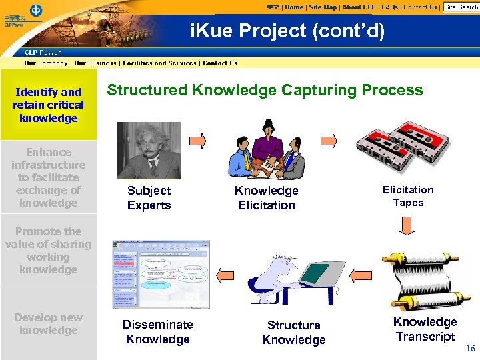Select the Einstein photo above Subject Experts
tap(149, 150)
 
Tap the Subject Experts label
tap(149, 198)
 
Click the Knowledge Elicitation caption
tap(266, 198)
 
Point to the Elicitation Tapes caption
tap(408, 196)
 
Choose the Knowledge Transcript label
tap(425, 329)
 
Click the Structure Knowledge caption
tap(293, 332)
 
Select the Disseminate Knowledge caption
tap(157, 331)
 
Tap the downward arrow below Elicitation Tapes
tap(407, 228)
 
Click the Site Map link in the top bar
tap(323, 7)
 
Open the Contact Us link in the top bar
tap(421, 7)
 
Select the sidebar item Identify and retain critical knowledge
tap(48, 105)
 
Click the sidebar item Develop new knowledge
tap(48, 324)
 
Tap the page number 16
tap(470, 349)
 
